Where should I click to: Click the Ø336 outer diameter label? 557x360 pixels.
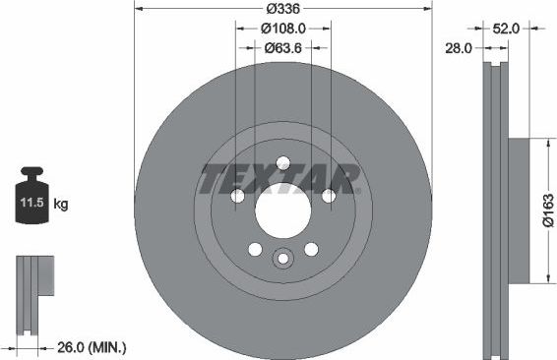(x=283, y=11)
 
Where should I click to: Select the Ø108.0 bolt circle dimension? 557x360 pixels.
(x=283, y=30)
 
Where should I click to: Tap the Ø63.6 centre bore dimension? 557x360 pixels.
(x=283, y=48)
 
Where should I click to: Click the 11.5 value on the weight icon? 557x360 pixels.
(x=31, y=205)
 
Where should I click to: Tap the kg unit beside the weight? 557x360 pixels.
(x=61, y=205)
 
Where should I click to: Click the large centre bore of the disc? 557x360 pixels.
(x=282, y=210)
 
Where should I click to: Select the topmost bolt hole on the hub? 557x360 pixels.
(x=283, y=163)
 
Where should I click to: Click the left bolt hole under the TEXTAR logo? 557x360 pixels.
(x=237, y=196)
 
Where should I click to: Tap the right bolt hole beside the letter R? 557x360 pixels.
(x=329, y=196)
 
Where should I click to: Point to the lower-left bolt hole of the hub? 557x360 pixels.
(x=255, y=249)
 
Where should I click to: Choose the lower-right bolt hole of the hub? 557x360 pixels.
(x=311, y=249)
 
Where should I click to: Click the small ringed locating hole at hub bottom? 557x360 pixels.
(x=283, y=259)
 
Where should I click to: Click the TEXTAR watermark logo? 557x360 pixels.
(x=279, y=180)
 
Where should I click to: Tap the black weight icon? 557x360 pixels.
(x=31, y=200)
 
